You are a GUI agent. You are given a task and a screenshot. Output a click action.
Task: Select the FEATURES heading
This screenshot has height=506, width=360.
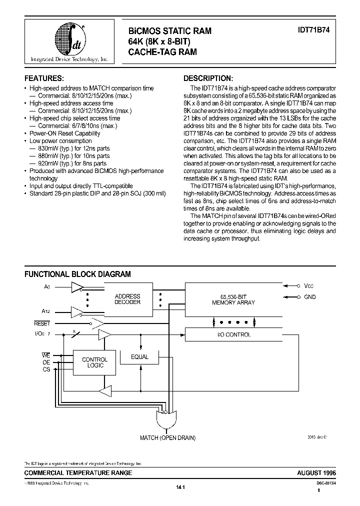pyautogui.click(x=44, y=78)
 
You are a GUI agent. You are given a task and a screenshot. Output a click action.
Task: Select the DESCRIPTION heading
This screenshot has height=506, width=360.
pyautogui.click(x=208, y=78)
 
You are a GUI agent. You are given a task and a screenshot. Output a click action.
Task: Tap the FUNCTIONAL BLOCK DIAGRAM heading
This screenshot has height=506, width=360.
pyautogui.click(x=78, y=274)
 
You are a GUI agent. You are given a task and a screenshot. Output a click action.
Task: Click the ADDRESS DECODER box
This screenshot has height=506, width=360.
pyautogui.click(x=127, y=299)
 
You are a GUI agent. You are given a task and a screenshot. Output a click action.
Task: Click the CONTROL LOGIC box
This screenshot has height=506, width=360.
pyautogui.click(x=94, y=362)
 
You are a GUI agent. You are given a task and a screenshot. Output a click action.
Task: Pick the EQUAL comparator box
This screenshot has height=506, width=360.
pyautogui.click(x=140, y=356)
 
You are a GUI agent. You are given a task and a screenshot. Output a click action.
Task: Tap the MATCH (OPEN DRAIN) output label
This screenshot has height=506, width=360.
pyautogui.click(x=168, y=438)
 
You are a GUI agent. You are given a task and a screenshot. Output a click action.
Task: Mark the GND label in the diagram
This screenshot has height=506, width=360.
pyautogui.click(x=310, y=297)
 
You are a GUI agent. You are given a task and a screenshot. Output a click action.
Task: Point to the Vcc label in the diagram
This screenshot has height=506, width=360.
pyautogui.click(x=309, y=286)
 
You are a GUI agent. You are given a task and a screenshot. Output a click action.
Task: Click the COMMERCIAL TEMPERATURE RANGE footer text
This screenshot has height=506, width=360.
pyautogui.click(x=78, y=472)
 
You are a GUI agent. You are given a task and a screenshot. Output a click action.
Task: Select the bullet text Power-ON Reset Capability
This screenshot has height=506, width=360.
pyautogui.click(x=65, y=133)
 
